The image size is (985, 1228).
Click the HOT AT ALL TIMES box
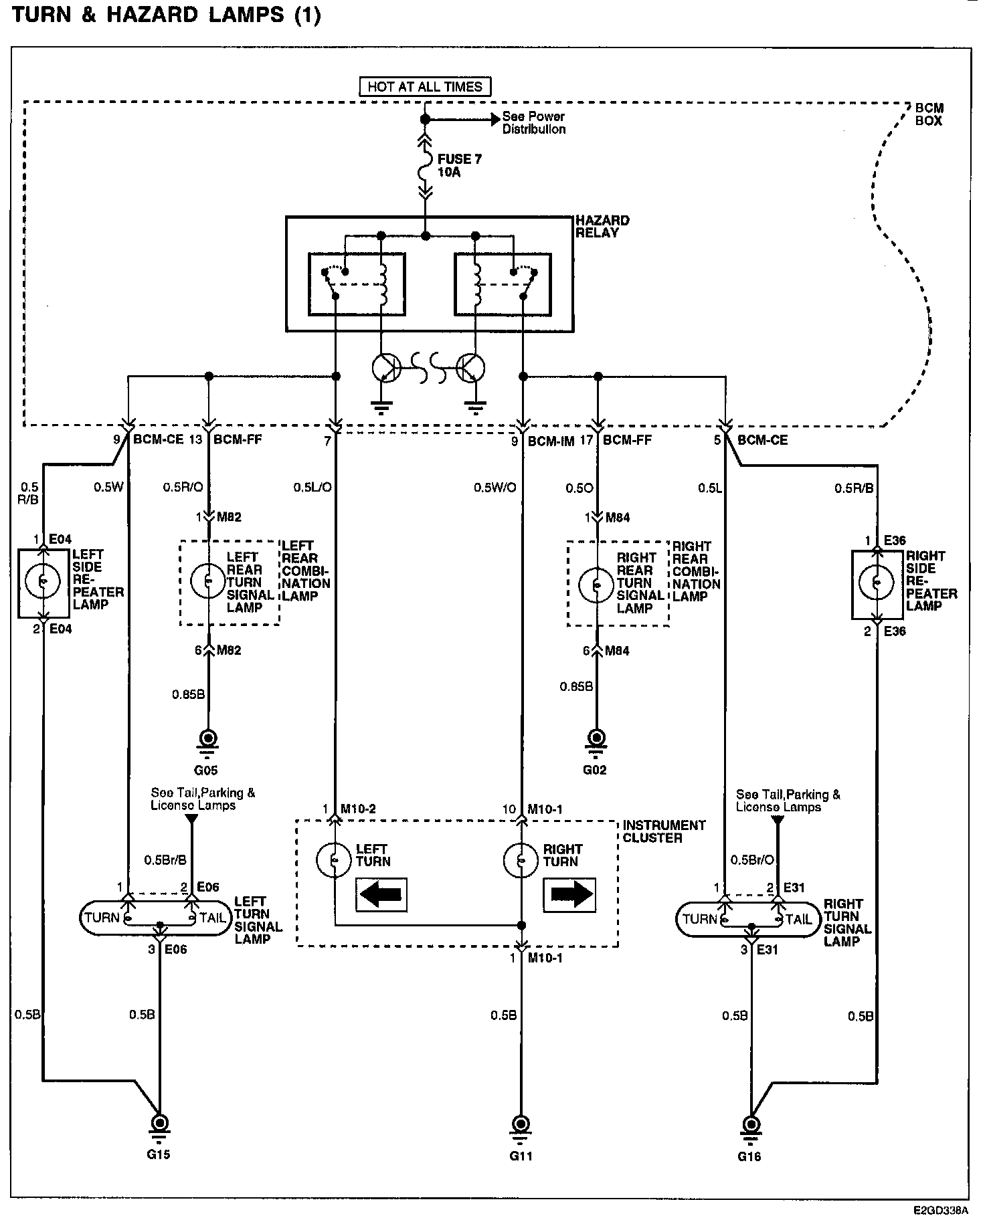click(425, 87)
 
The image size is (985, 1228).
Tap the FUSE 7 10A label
click(459, 166)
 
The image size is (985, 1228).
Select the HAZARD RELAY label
click(602, 226)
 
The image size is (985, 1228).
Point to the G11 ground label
click(521, 1155)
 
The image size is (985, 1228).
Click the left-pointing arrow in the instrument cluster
click(381, 894)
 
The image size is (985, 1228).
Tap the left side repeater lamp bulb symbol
click(42, 581)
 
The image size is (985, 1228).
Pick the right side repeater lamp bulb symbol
click(876, 583)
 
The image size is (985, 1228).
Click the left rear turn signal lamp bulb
click(208, 581)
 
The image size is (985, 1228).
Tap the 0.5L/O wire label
click(312, 488)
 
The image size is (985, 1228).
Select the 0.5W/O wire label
click(495, 488)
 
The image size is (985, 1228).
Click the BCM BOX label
click(929, 114)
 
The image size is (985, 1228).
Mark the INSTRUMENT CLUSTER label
click(664, 831)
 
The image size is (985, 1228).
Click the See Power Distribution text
click(533, 123)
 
